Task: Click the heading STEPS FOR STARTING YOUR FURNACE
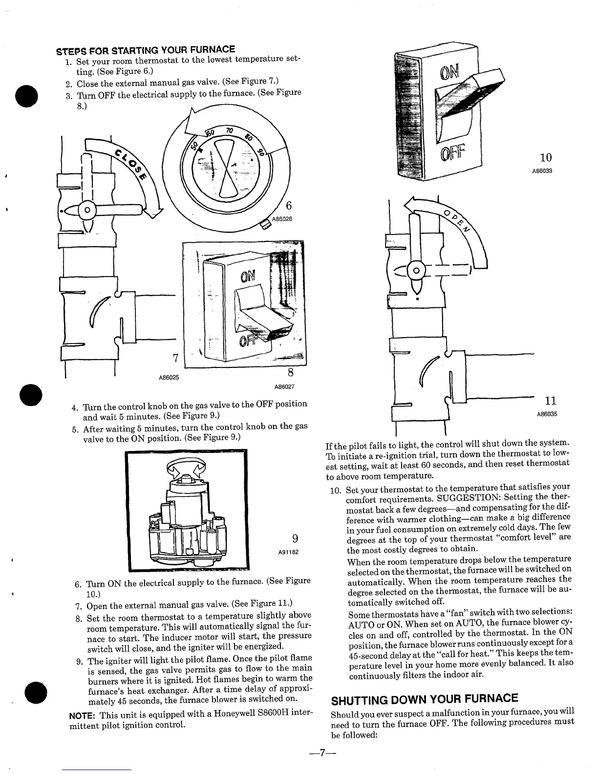[x=146, y=49]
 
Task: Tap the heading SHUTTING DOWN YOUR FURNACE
[x=425, y=698]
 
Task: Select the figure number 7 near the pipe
[x=174, y=358]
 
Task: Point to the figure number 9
[x=295, y=538]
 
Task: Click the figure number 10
[x=546, y=157]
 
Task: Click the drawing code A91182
[x=288, y=552]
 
